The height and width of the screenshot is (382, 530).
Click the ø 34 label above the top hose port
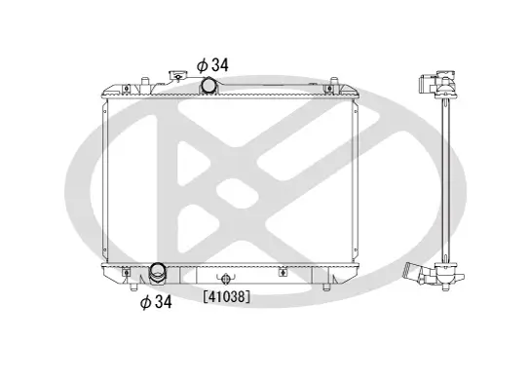click(x=212, y=65)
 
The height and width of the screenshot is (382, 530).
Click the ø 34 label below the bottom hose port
click(x=156, y=302)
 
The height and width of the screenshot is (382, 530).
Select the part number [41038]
click(x=227, y=297)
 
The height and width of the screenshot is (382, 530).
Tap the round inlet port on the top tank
click(x=208, y=85)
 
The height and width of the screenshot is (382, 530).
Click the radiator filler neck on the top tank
click(x=177, y=76)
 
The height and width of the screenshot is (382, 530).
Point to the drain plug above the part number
click(x=225, y=279)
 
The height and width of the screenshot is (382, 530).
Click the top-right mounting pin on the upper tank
click(x=333, y=83)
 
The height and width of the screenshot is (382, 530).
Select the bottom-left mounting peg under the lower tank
click(x=134, y=286)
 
